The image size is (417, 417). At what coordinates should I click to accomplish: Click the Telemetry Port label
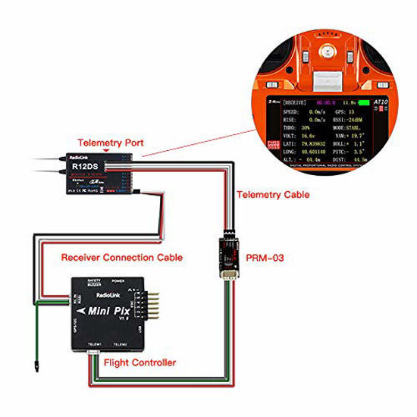tap(106, 142)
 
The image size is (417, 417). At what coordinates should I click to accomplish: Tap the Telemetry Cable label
tap(273, 195)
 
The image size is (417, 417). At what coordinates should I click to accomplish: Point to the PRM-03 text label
tap(267, 258)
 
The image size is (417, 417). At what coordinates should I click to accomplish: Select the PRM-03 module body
tap(227, 249)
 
